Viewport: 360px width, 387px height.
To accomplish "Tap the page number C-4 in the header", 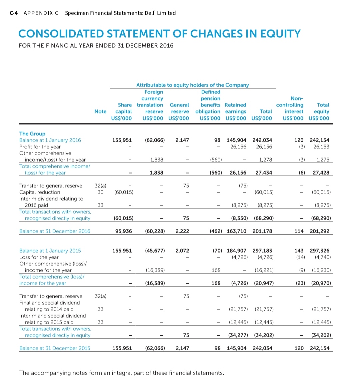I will pos(14,13).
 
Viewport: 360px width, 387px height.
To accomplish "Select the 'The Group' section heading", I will pos(32,133).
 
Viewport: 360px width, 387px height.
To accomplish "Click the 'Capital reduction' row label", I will pos(40,192).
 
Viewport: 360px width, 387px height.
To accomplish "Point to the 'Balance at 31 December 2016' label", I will pos(55,231).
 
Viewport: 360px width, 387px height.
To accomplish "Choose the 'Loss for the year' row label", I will pos(39,257).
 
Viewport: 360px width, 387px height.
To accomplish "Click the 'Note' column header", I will pos(100,111).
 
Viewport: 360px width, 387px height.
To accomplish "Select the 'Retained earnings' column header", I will pos(235,108).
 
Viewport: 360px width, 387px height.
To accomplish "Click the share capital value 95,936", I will pos(123,231).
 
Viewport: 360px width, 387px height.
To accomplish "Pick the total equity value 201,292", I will pos(319,231).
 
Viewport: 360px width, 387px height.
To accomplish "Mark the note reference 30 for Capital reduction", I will pos(100,192).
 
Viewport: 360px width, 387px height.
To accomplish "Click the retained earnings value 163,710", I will pos(236,231).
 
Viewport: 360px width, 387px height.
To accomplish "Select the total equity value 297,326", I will pos(319,251).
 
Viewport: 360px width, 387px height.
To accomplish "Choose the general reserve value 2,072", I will pos(182,251).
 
